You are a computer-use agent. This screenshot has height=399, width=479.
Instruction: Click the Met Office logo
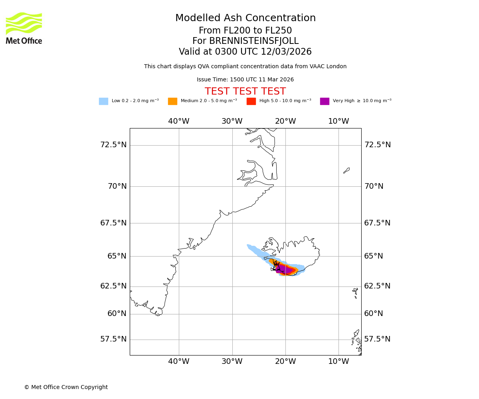point(24,28)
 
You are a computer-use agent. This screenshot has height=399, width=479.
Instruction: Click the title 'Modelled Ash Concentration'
point(245,18)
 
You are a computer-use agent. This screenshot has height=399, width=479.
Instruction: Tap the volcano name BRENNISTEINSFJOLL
point(245,41)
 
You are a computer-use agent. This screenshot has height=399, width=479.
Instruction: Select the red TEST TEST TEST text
point(245,92)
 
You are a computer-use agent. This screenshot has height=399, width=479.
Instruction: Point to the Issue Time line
point(245,80)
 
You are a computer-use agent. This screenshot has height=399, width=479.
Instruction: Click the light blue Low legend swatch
point(103,101)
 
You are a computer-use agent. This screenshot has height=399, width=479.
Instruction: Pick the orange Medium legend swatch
point(172,101)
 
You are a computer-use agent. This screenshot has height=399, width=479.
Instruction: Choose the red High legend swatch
point(251,101)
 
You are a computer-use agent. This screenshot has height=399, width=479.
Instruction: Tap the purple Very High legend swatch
point(325,101)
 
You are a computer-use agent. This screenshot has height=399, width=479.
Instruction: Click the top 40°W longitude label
point(178,121)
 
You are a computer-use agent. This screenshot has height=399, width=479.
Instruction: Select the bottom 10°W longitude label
point(338,361)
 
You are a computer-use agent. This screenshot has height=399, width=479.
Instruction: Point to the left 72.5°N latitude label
point(113,145)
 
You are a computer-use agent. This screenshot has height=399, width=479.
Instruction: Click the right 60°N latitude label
point(374,314)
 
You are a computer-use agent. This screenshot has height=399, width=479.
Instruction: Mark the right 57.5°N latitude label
point(377,339)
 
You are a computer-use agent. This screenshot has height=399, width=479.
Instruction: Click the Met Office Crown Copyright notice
point(66,387)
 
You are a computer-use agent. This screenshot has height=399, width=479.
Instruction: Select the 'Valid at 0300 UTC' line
point(245,52)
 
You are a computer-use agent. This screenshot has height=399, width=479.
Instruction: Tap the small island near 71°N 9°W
point(346,170)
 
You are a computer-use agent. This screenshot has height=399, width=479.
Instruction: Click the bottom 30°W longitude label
point(232,361)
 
